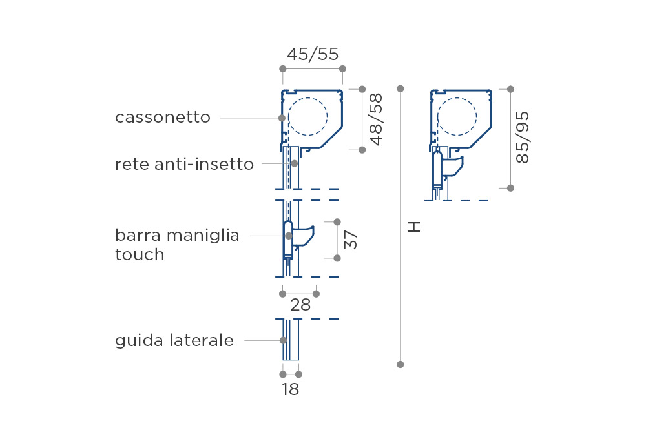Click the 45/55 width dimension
tap(313, 54)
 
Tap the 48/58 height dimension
tap(376, 119)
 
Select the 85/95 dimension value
tap(523, 138)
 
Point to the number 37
tap(351, 240)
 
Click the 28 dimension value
tap(300, 305)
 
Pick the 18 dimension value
tap(291, 389)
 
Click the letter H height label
tap(413, 227)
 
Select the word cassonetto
tap(163, 118)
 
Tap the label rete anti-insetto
tap(184, 165)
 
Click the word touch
tap(140, 254)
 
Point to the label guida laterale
tap(174, 341)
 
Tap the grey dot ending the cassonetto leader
tap(282, 118)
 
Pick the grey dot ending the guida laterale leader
tap(283, 341)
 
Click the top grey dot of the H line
tap(400, 88)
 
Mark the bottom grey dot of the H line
tap(400, 365)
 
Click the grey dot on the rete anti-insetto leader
tap(294, 163)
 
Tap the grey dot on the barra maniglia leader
tap(289, 236)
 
